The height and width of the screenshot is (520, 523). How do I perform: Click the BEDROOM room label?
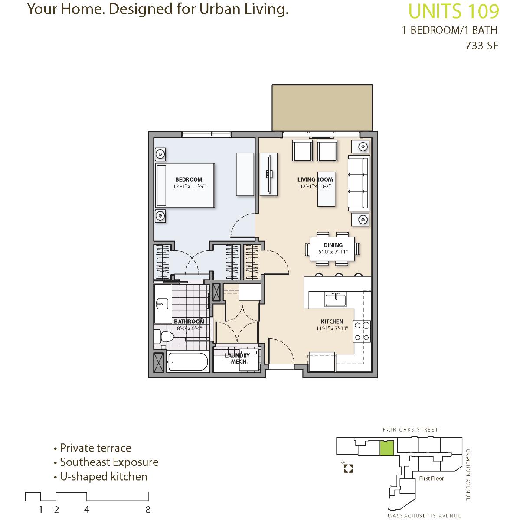click(x=189, y=179)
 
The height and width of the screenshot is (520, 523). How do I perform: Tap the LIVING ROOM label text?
click(x=315, y=179)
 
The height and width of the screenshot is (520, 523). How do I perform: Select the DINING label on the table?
click(x=333, y=245)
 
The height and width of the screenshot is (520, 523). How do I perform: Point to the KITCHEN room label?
click(x=332, y=322)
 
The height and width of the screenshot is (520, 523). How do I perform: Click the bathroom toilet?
click(x=164, y=337)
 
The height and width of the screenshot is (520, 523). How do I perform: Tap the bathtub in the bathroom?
click(x=188, y=361)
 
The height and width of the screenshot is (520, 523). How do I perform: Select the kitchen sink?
click(x=336, y=299)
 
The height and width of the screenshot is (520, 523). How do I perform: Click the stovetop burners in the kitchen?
click(x=362, y=331)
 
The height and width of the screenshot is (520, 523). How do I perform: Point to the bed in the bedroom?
click(x=185, y=185)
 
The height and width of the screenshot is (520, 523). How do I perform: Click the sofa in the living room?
click(x=359, y=183)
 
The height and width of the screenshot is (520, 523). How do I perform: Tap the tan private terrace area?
click(x=322, y=108)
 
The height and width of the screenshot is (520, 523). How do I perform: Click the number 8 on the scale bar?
click(x=148, y=510)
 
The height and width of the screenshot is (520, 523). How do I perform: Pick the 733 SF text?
click(x=482, y=45)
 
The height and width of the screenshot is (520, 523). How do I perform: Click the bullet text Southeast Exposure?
click(x=109, y=462)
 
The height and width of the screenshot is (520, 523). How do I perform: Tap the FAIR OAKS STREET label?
click(x=410, y=429)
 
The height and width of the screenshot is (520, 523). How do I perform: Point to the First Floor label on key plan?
click(x=431, y=478)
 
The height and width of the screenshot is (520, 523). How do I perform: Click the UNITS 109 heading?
click(x=454, y=11)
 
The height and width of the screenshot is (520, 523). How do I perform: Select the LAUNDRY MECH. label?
click(x=238, y=358)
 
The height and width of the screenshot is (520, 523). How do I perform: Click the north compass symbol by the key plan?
click(x=348, y=468)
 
